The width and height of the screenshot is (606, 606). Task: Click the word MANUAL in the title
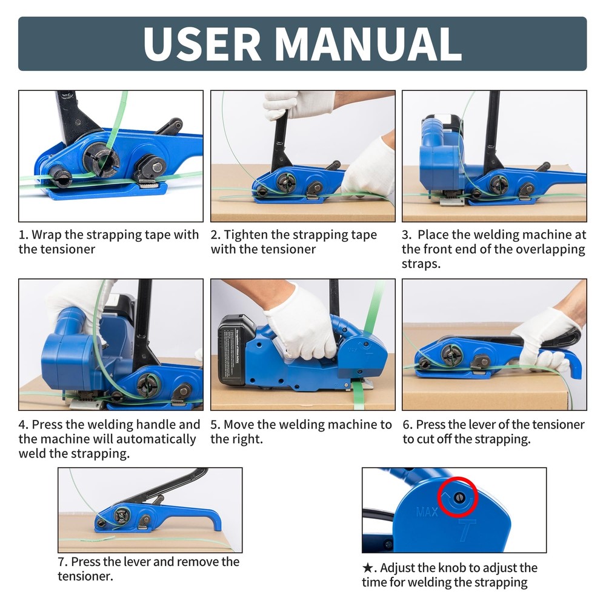tap(369, 43)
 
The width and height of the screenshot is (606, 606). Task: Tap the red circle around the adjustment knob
tap(459, 498)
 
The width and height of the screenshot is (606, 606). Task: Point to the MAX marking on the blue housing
tap(427, 513)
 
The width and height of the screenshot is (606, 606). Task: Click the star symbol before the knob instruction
tap(367, 568)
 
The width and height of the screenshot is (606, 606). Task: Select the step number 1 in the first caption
tap(22, 235)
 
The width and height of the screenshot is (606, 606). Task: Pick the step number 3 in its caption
tap(405, 235)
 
